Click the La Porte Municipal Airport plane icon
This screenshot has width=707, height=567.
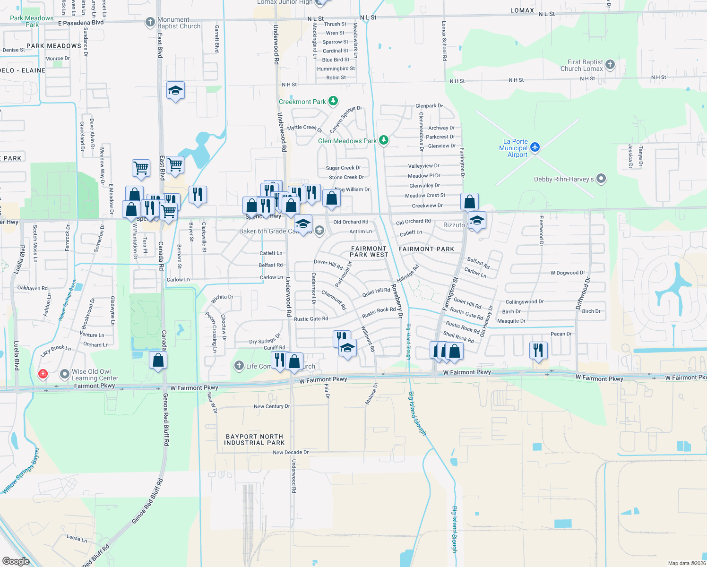(x=535, y=147)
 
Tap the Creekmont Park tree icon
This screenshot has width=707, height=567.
(x=333, y=101)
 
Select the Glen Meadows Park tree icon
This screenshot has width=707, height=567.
(x=384, y=140)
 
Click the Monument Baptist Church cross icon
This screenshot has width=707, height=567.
(x=150, y=22)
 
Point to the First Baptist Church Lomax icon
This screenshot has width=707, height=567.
(x=610, y=65)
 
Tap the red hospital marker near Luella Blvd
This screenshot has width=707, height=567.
(x=43, y=374)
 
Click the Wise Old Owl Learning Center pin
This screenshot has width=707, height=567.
(x=65, y=374)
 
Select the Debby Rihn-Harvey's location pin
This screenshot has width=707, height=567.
(x=601, y=179)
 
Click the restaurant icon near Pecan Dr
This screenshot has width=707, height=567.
(x=538, y=350)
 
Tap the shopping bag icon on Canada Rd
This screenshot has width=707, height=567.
(x=158, y=360)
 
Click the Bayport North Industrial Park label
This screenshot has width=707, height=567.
(x=254, y=440)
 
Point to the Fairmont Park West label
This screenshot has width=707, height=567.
(x=369, y=251)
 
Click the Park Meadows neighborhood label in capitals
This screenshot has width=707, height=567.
(x=54, y=46)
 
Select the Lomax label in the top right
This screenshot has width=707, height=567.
(x=522, y=10)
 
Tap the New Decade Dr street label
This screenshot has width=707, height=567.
(x=291, y=452)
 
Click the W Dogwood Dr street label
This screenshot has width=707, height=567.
(x=568, y=273)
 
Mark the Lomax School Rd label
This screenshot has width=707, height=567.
(x=444, y=41)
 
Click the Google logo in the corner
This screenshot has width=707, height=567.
(x=16, y=561)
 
